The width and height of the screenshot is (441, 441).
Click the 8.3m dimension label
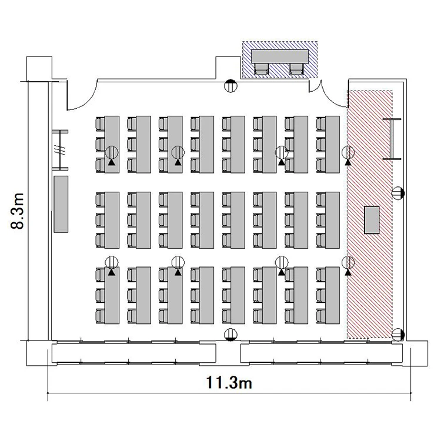(x=18, y=211)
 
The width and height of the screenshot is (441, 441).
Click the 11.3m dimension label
(x=229, y=383)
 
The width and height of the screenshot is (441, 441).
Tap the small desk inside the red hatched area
(x=372, y=220)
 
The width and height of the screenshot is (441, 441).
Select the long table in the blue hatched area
(x=280, y=56)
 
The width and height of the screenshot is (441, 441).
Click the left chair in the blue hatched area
(x=262, y=69)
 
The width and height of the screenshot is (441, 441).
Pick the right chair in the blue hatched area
(x=297, y=69)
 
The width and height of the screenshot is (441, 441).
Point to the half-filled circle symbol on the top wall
(x=230, y=86)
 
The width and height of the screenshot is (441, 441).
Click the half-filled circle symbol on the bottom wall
(x=230, y=335)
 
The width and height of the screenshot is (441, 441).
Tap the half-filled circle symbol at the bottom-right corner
(x=397, y=335)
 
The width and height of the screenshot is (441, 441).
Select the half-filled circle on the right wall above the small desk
(x=397, y=193)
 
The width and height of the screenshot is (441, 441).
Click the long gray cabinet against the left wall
(x=61, y=204)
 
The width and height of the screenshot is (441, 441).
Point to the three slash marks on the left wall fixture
(x=61, y=150)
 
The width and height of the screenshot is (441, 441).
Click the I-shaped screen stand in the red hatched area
(x=392, y=139)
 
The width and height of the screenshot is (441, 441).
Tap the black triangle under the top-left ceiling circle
(x=112, y=162)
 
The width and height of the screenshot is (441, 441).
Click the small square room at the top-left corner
(x=39, y=69)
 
